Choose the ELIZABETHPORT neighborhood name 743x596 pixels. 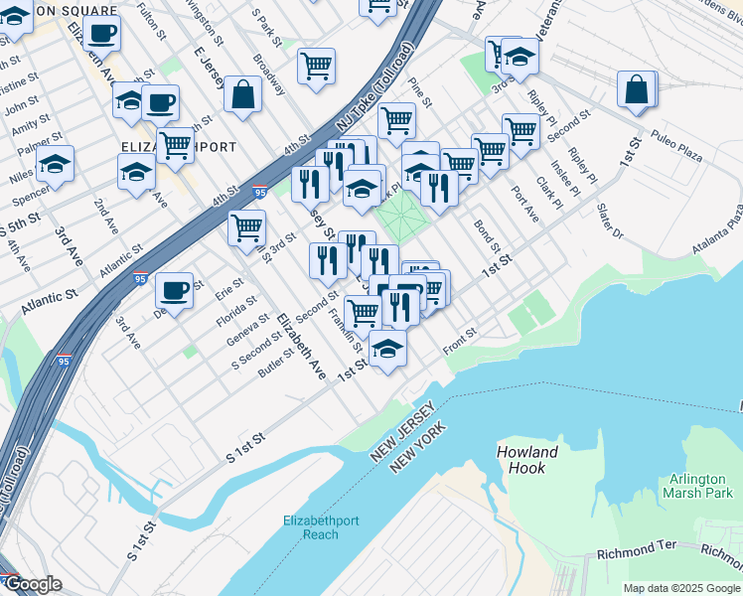tap(178, 147)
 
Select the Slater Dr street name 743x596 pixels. tap(609, 222)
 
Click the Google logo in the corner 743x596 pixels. tap(34, 584)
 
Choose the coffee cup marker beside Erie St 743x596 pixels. tap(175, 290)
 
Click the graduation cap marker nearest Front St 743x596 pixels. tap(387, 349)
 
